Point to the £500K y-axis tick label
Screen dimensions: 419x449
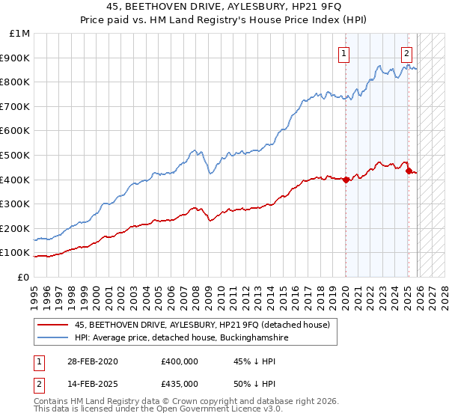(16, 155)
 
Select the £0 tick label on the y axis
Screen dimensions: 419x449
(23, 277)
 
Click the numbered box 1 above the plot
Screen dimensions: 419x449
(343, 53)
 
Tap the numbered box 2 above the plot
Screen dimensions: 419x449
(406, 53)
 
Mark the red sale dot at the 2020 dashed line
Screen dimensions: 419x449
(346, 180)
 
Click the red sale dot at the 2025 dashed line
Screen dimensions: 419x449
(409, 171)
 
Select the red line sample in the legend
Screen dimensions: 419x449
(52, 325)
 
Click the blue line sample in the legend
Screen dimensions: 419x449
(52, 337)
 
